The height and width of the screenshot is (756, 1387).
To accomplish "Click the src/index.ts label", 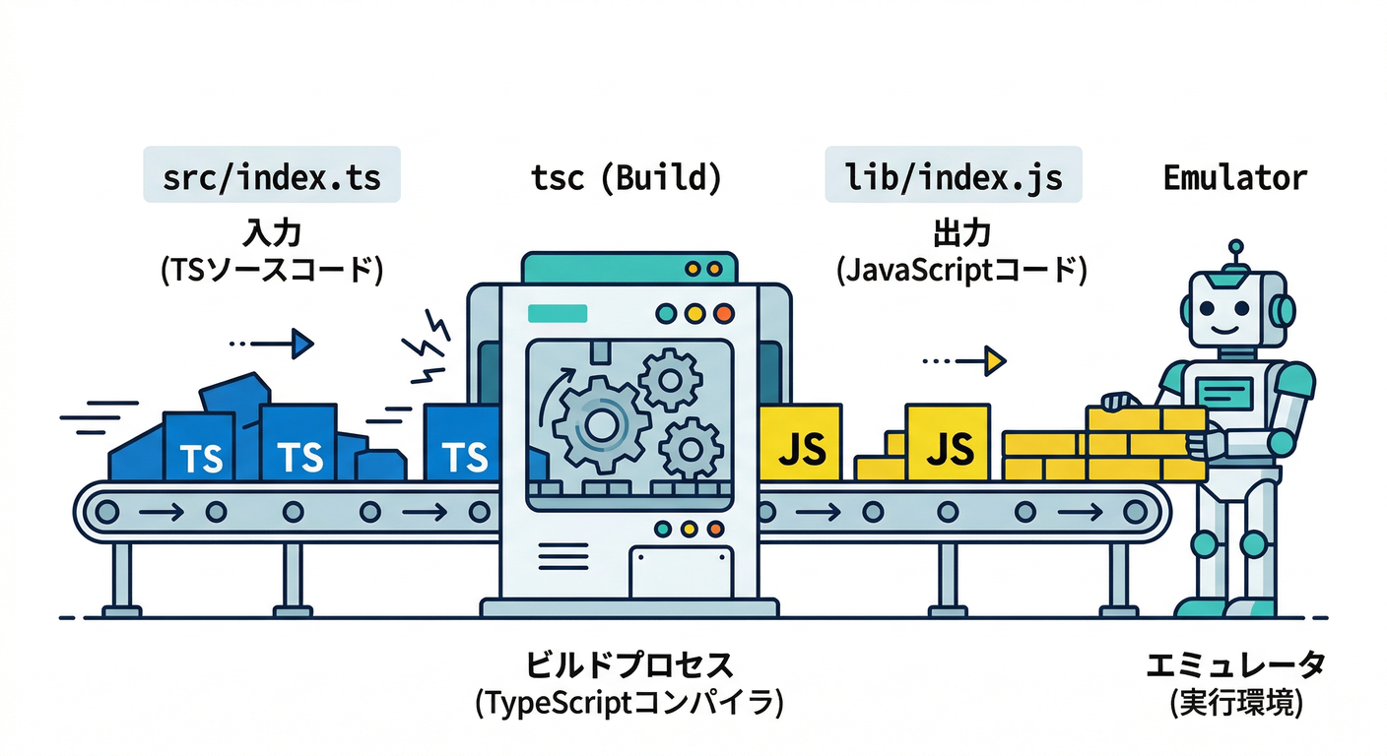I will [271, 177].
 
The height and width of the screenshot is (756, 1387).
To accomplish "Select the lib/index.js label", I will [953, 177].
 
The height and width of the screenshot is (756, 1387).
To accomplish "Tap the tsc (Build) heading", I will [627, 177].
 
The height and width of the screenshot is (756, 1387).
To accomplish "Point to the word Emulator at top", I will [1234, 177].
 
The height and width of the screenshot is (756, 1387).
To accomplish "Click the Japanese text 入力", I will [271, 233].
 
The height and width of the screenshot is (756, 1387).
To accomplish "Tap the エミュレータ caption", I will [1235, 664].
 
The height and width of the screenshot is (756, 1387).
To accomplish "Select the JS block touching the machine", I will [800, 442].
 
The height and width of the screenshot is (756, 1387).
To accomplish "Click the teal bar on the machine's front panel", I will [558, 313].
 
